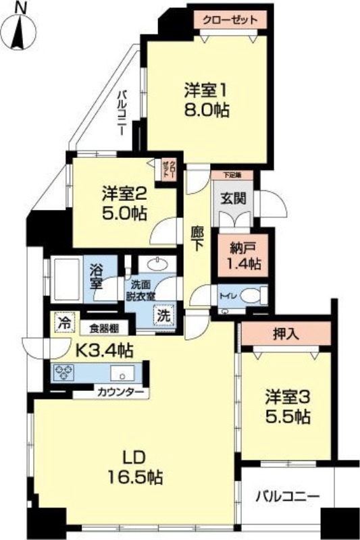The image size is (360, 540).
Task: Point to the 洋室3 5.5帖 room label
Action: (x=287, y=406)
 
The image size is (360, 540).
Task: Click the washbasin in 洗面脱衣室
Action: (x=159, y=264)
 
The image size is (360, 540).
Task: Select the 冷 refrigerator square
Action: (x=64, y=323)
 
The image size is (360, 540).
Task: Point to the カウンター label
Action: (x=119, y=391)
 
